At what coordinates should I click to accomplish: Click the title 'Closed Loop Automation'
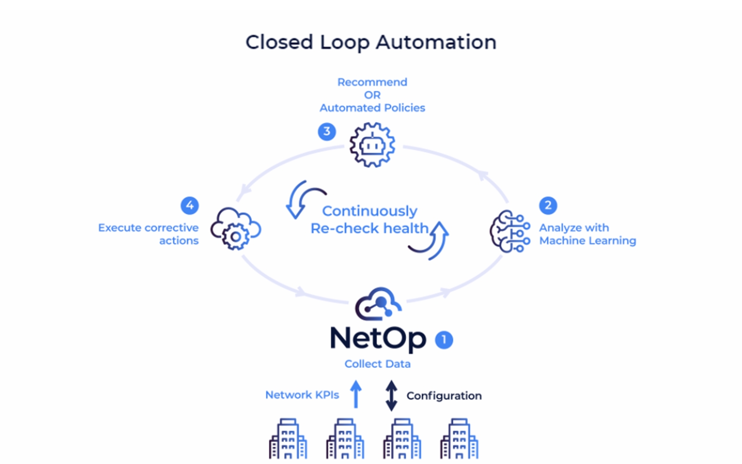pos(371,42)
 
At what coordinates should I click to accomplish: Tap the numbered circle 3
pos(327,131)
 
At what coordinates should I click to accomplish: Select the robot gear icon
pos(372,145)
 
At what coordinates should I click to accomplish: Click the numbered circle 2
pos(548,205)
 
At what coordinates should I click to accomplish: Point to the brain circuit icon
pos(510,231)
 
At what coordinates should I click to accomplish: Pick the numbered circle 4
pos(190,205)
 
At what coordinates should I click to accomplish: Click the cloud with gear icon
pos(236,229)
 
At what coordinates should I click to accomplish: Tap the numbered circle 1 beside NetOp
pos(444,340)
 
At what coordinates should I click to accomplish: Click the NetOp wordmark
pos(377,338)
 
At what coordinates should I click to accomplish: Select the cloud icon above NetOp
pos(378,304)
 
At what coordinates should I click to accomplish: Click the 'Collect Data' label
pos(377,364)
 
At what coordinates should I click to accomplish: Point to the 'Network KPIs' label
pos(302,395)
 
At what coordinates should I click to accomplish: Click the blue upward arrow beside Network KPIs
pos(356,394)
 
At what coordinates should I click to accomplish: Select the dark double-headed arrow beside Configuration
pos(391,395)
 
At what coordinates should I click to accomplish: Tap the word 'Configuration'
pos(444,396)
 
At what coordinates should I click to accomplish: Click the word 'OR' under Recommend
pos(372,95)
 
